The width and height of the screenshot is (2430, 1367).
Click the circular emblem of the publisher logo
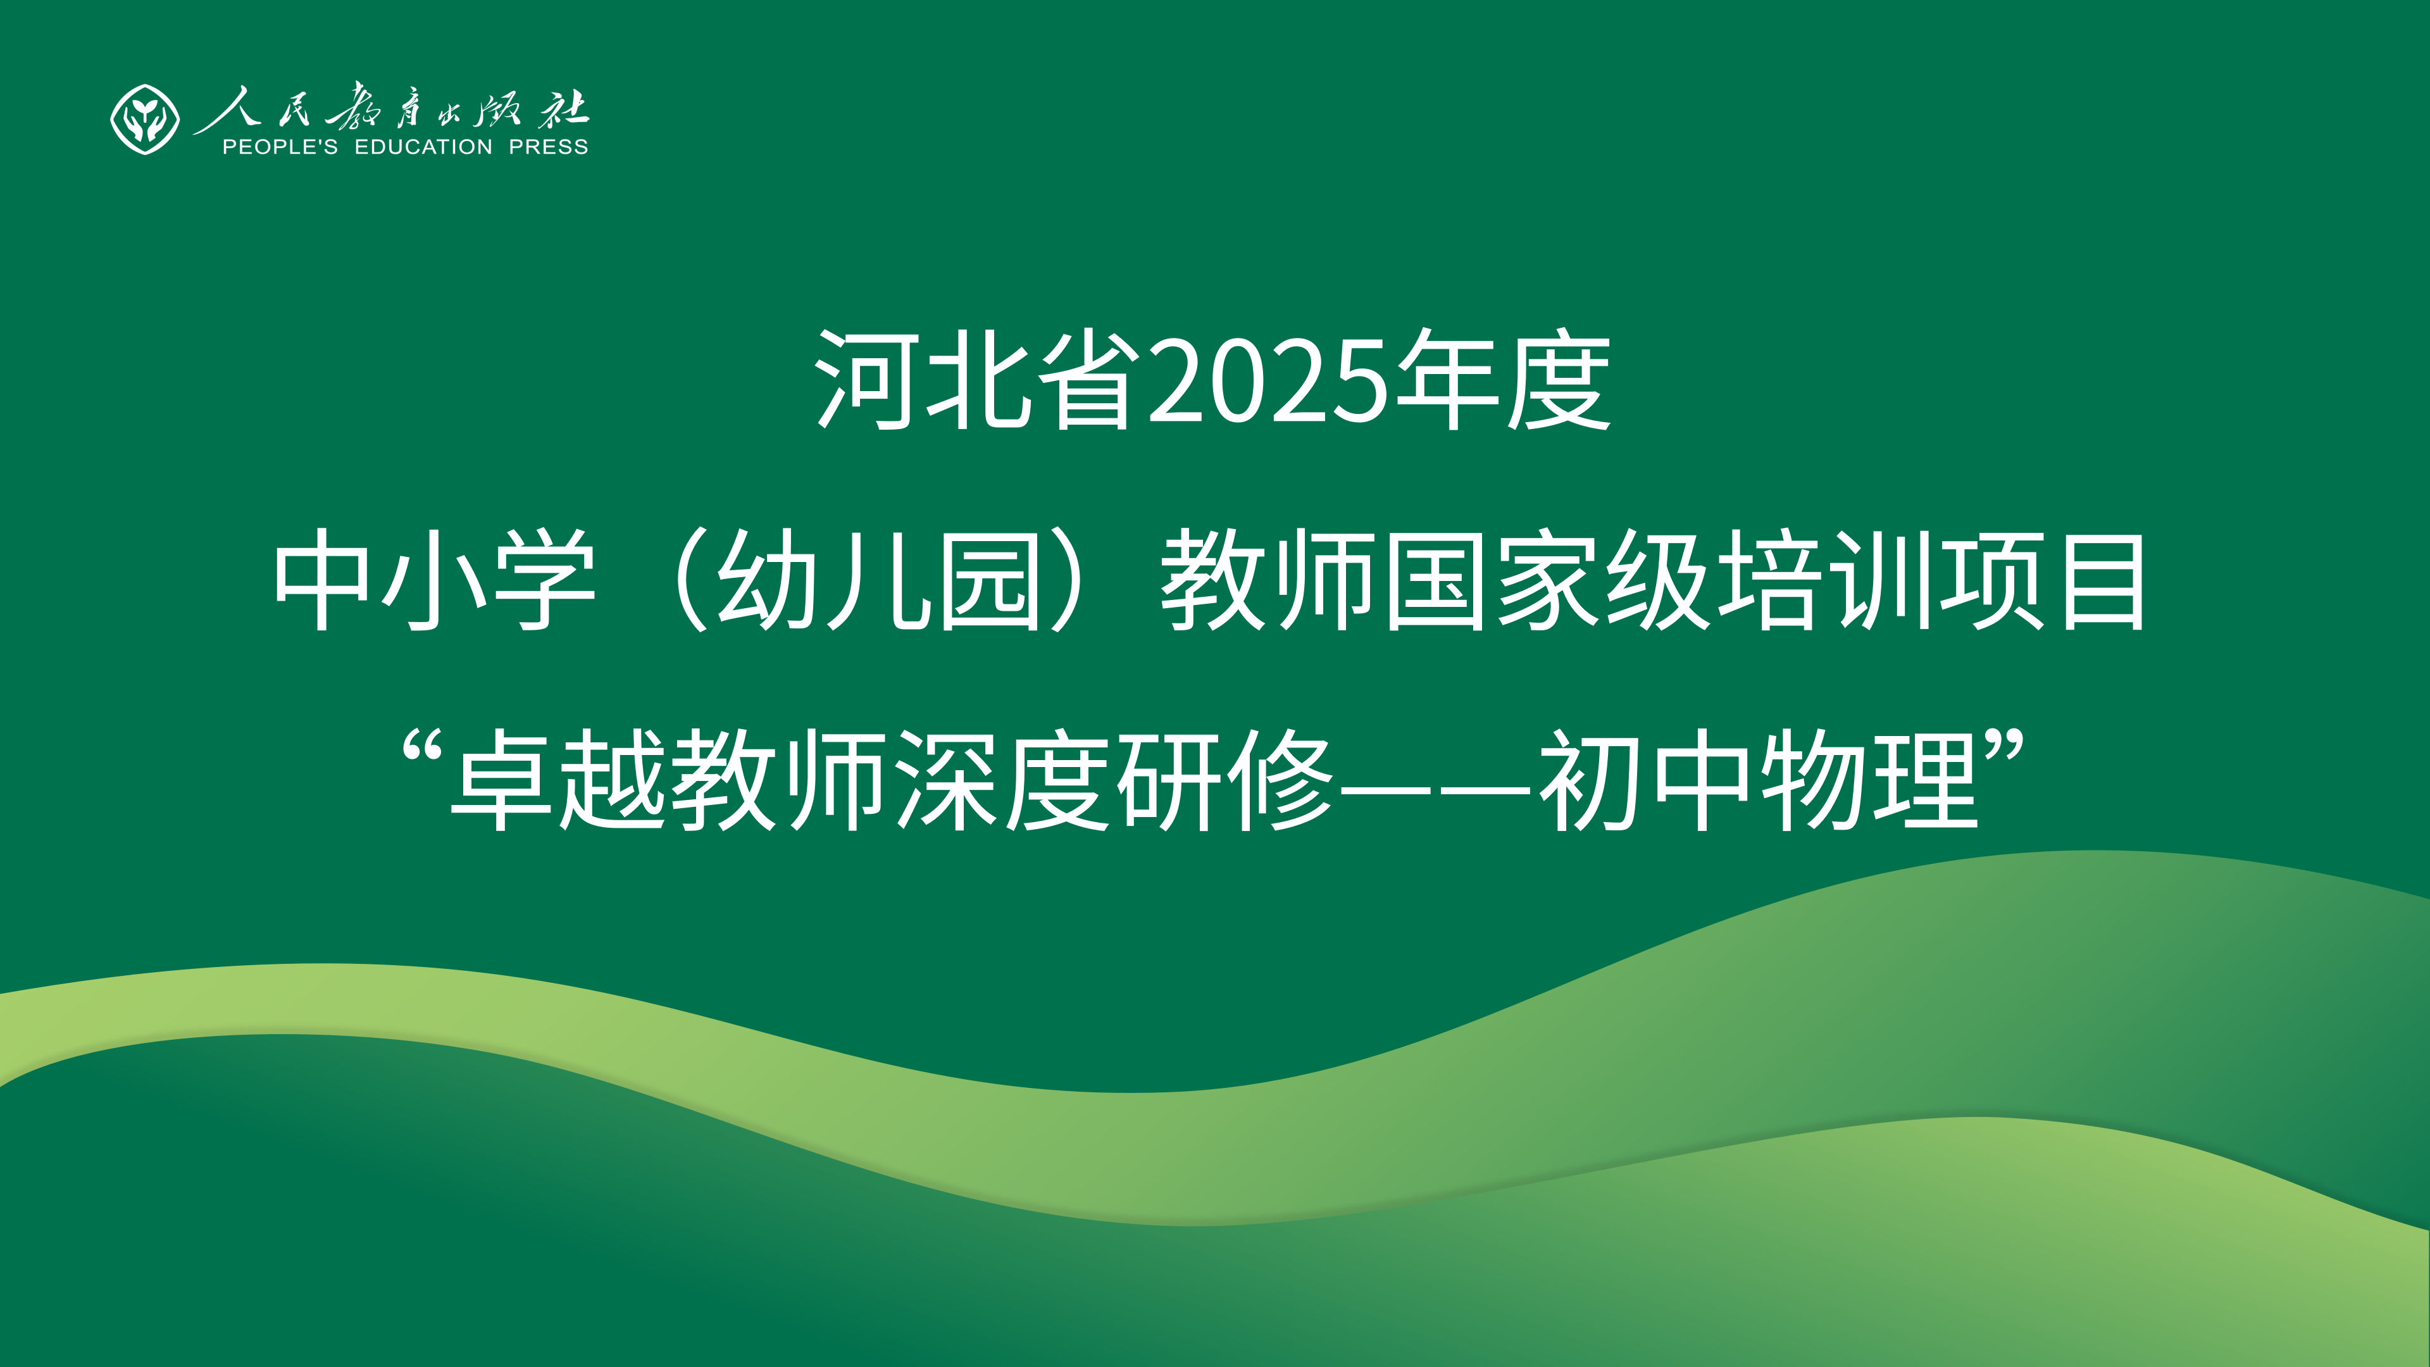(144, 120)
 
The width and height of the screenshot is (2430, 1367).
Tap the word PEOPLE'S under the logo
(279, 147)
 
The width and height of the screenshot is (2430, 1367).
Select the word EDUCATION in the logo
(423, 147)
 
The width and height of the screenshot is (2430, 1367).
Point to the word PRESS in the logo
(548, 147)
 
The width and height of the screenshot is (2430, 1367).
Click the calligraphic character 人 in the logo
(225, 108)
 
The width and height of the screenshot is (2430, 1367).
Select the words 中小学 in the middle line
(435, 579)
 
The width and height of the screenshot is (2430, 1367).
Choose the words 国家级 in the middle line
(1548, 579)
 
